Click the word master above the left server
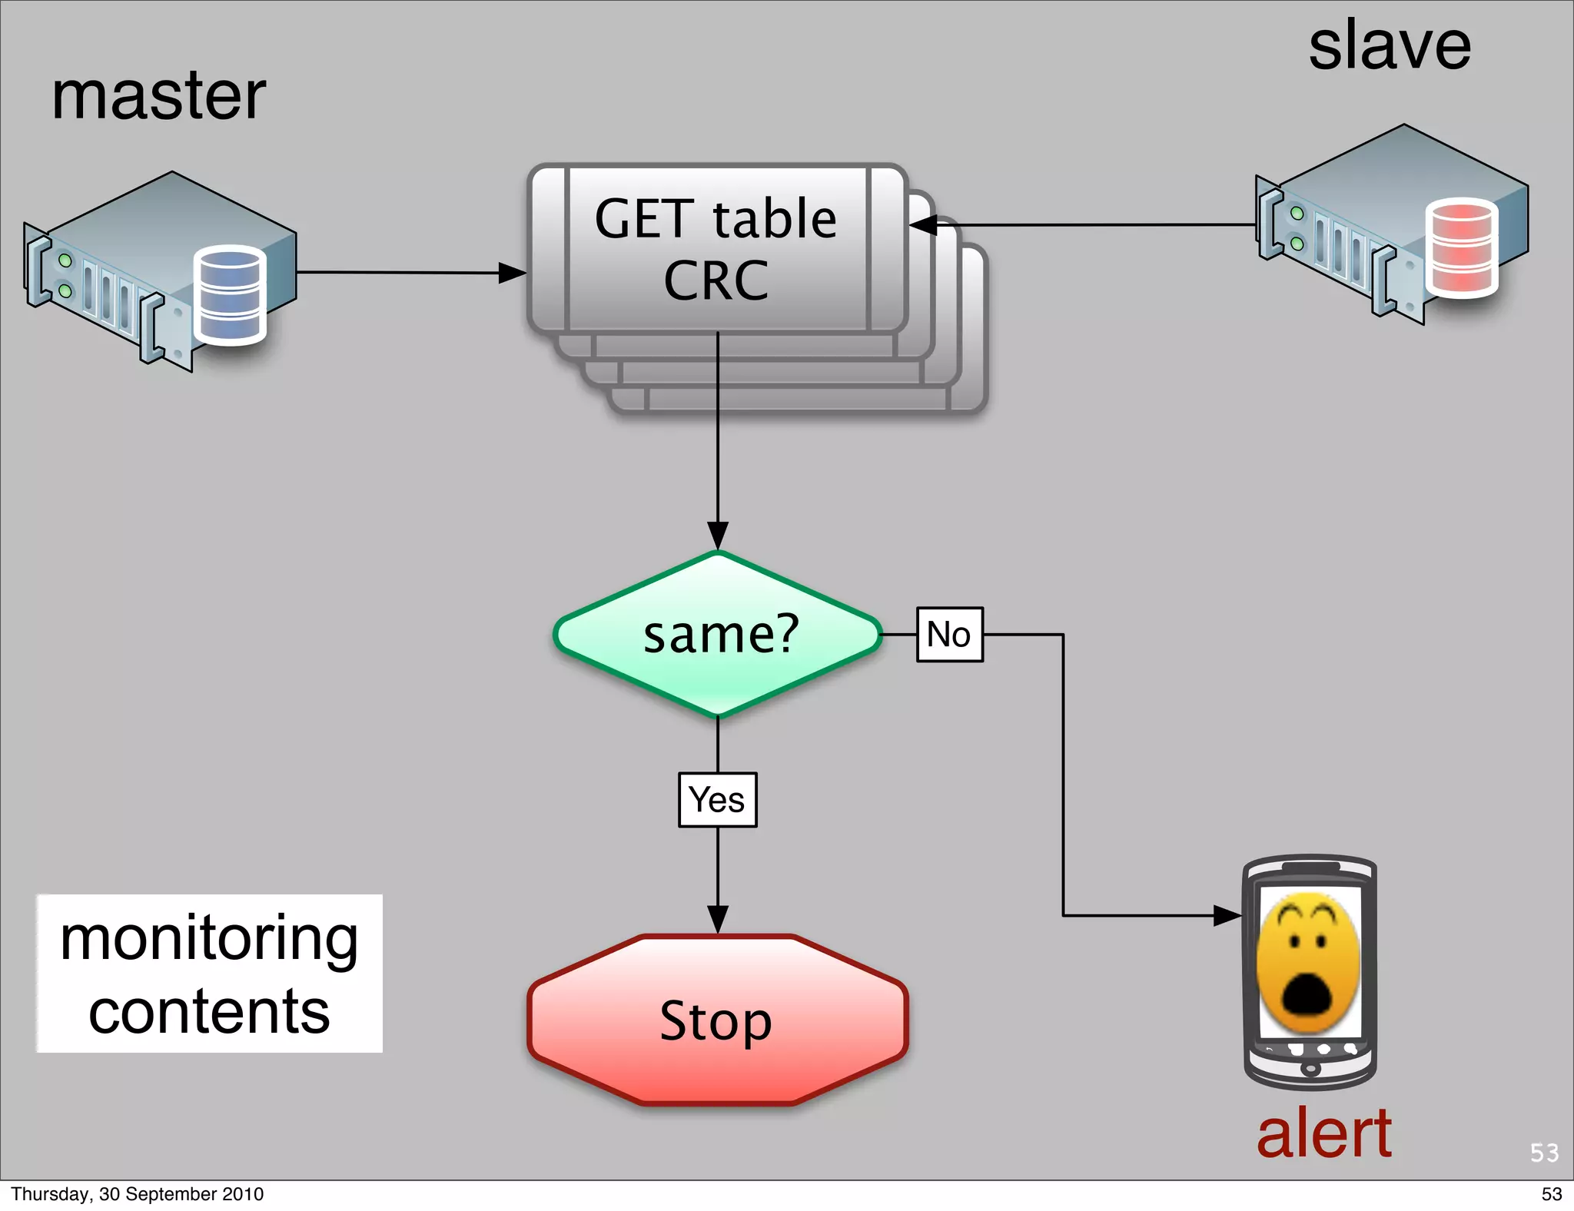coord(158,97)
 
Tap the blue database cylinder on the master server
coord(230,294)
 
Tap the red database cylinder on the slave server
coord(1461,247)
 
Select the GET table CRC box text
coord(716,249)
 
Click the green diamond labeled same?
coord(718,635)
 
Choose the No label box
coord(949,635)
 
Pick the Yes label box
coord(717,800)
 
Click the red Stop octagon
coord(717,1020)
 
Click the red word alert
coord(1323,1133)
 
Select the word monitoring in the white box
coord(209,940)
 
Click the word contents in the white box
coord(209,1012)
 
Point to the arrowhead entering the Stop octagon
coord(718,920)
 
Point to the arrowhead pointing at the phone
coord(1227,916)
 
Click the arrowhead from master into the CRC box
coord(512,273)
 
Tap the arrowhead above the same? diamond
coord(718,536)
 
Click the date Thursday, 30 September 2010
coord(137,1194)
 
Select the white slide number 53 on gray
coord(1544,1153)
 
